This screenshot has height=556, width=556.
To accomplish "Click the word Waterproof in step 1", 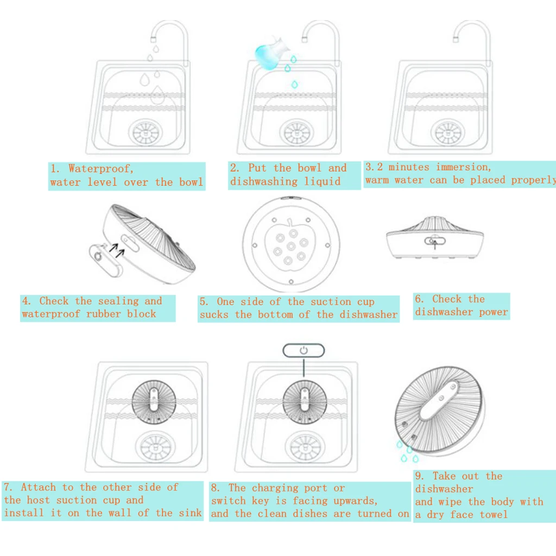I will tap(100, 169).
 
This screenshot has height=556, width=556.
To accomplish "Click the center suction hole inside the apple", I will tap(290, 247).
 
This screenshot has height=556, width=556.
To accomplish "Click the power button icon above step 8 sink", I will tap(304, 350).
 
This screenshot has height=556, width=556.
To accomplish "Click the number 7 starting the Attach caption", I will tap(8, 487).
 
